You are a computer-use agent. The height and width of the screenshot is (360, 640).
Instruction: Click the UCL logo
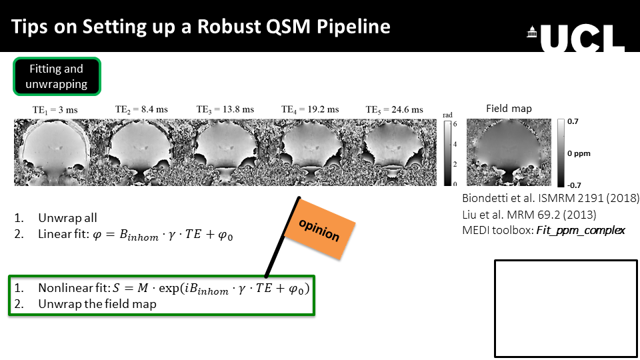[575, 38]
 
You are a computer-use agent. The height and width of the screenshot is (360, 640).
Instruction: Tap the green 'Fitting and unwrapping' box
[57, 76]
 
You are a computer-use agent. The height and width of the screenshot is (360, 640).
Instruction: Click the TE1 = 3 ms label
[55, 110]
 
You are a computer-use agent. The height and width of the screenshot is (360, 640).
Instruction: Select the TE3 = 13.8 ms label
[225, 109]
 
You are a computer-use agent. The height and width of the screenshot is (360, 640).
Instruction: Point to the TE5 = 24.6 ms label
[394, 109]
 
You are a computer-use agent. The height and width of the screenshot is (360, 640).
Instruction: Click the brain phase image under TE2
[141, 153]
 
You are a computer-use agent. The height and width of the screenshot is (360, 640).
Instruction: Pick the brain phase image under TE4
[310, 153]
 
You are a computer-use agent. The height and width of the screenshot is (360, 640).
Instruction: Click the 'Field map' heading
[509, 109]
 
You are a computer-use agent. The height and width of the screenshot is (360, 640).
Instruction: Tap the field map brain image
[509, 152]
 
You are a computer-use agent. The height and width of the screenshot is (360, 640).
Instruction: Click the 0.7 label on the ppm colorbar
[573, 121]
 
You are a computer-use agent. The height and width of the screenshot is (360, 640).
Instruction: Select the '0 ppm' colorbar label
[579, 153]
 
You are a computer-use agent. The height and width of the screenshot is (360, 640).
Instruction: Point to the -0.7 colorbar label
[574, 185]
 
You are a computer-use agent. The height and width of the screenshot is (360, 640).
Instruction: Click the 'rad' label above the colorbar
[448, 115]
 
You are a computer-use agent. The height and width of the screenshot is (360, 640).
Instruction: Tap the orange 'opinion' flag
[319, 229]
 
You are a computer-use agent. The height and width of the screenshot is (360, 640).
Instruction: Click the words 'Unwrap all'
[67, 218]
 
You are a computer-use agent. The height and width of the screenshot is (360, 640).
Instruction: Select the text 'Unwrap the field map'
[97, 304]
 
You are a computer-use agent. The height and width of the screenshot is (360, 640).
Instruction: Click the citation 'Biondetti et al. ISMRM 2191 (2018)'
[551, 199]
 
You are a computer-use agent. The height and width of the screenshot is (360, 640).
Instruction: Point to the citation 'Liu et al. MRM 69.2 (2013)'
[529, 215]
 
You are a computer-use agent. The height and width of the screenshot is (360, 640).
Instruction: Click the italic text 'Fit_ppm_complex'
[581, 231]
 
